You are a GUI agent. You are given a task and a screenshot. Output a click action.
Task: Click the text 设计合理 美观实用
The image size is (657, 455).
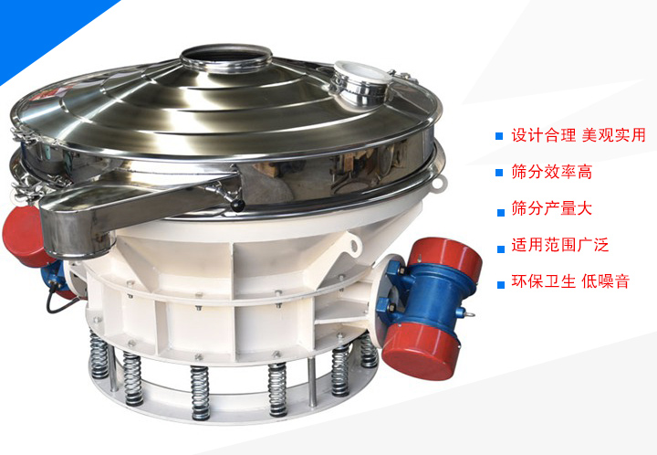click(x=579, y=135)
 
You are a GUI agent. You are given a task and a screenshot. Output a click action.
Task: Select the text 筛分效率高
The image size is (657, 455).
click(x=551, y=172)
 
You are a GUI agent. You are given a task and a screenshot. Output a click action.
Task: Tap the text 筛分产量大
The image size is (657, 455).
click(x=551, y=208)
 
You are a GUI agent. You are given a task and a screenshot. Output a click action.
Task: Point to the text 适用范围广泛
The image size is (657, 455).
click(x=559, y=245)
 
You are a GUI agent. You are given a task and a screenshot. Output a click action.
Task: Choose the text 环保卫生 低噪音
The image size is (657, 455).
click(x=570, y=281)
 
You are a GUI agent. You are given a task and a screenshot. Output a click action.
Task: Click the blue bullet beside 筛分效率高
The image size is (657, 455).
click(x=499, y=173)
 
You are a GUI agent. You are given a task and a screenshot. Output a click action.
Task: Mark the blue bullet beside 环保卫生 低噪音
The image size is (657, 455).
click(x=501, y=285)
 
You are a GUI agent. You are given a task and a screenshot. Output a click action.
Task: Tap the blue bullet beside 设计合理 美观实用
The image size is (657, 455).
click(x=499, y=136)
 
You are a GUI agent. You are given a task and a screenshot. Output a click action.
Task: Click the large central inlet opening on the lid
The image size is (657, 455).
click(x=226, y=55)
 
